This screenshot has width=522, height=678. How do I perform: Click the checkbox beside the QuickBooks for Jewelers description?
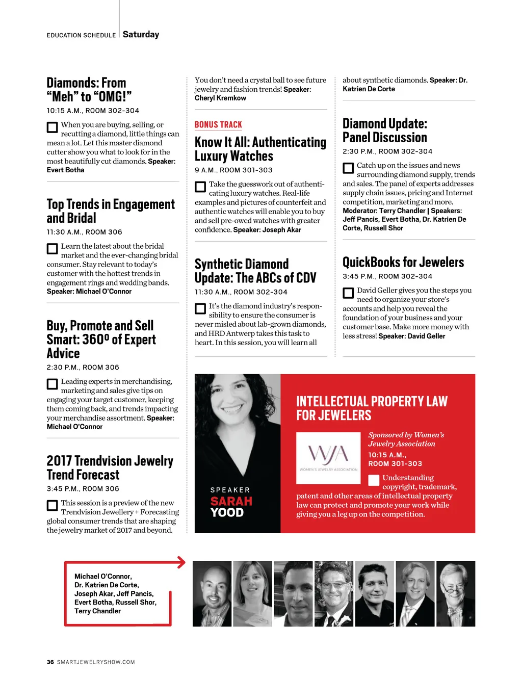348,293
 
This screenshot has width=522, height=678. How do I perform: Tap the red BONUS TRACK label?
218,125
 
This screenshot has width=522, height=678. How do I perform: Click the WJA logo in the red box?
328,455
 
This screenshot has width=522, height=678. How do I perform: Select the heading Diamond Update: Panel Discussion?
385,131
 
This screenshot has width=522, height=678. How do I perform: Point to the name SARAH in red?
231,501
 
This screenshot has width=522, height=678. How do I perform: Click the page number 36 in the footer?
50,662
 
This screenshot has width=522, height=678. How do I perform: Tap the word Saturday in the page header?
141,35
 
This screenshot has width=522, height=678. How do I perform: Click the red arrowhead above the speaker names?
181,562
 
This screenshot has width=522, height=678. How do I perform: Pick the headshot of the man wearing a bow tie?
455,593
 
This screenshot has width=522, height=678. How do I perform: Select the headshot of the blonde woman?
252,593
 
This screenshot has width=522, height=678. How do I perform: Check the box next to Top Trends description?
52,249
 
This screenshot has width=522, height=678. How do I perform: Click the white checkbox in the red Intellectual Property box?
374,480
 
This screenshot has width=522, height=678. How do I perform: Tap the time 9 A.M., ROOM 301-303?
233,170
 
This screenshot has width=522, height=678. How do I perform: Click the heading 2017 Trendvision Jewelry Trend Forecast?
110,468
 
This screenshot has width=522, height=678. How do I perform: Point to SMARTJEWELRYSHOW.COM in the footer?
96,662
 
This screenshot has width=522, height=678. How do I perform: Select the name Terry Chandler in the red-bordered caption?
97,611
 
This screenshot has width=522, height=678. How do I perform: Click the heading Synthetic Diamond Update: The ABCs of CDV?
255,271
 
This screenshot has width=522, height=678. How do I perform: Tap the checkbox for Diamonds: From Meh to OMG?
52,127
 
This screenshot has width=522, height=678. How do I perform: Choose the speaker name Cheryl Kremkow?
220,98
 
